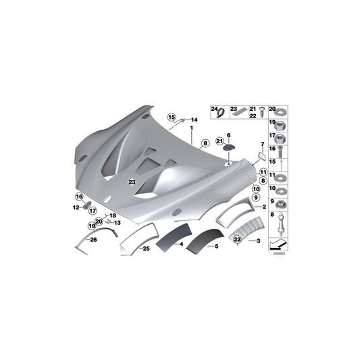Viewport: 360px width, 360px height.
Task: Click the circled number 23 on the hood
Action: pos(132,182)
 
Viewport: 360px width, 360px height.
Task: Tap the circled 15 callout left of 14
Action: pos(172,117)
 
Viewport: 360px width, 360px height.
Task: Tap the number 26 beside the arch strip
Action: pos(94,239)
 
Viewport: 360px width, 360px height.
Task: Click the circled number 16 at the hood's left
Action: pos(79,197)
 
